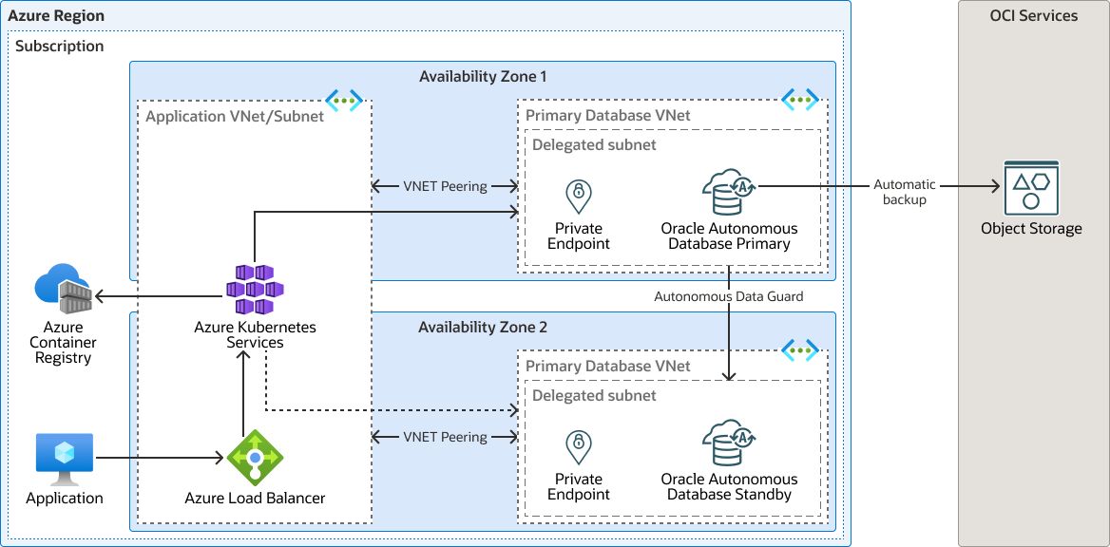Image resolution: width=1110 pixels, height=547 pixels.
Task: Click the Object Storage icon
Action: coord(1031,188)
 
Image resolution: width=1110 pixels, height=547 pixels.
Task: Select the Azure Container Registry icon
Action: coord(63,290)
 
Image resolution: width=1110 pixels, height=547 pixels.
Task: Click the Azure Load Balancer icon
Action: coord(255,459)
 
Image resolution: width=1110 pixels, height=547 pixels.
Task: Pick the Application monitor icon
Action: coord(64,460)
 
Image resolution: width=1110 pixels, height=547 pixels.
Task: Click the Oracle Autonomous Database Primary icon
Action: coord(729,193)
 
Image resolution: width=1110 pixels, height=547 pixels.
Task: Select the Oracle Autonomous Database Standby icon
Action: coord(729,443)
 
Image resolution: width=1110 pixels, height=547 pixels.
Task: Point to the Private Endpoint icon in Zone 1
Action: coord(578,196)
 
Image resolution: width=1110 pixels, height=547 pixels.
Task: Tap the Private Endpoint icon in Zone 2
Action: coord(578,446)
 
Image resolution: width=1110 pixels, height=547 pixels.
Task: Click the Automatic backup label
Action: coord(905,192)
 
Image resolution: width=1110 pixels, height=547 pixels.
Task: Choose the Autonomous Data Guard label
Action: coord(729,296)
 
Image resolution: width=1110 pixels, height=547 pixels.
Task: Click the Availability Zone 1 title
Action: coord(483,76)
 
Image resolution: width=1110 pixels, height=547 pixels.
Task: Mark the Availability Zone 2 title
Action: coord(483,327)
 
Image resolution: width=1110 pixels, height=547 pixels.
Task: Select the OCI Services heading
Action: coord(1033,15)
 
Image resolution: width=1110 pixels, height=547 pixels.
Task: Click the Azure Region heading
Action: coord(56,16)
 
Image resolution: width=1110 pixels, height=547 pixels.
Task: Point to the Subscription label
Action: coord(60,46)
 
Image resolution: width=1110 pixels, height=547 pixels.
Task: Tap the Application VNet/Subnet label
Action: coord(235,116)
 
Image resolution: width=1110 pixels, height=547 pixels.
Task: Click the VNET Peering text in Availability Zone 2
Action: coord(445,437)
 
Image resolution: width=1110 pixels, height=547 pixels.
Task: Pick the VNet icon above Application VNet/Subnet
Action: coord(344,99)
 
